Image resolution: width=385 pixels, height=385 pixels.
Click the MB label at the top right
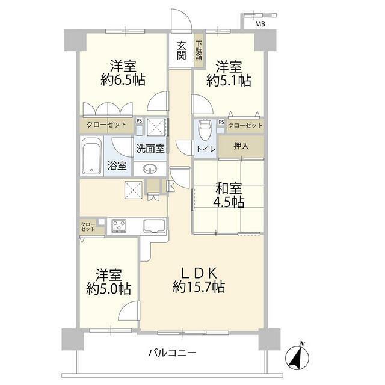click(x=260, y=24)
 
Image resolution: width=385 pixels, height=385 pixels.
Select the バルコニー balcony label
click(x=172, y=353)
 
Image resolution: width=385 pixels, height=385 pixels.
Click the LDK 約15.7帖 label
click(x=199, y=280)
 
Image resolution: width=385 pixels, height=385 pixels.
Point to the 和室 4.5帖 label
click(x=229, y=195)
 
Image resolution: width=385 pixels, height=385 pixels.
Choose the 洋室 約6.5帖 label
click(x=123, y=73)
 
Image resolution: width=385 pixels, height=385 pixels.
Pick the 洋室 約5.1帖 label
click(x=229, y=73)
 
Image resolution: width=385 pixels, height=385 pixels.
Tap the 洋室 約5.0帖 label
click(x=108, y=282)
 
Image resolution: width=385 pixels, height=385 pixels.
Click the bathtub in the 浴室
click(x=91, y=156)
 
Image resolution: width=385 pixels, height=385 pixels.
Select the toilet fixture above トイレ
click(x=205, y=129)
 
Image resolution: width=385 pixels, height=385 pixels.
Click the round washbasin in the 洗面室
click(x=150, y=169)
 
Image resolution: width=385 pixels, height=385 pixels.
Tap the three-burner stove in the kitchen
click(x=119, y=226)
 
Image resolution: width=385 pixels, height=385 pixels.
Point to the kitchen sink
click(x=155, y=226)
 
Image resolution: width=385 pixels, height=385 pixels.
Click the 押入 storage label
click(x=241, y=146)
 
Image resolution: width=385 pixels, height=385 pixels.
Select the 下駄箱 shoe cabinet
click(x=199, y=51)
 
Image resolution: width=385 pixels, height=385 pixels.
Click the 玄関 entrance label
click(x=182, y=51)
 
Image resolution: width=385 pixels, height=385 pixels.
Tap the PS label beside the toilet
click(x=221, y=122)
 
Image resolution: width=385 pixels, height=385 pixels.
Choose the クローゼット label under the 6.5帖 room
click(x=106, y=125)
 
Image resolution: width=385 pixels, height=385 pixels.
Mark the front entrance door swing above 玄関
click(x=181, y=19)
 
